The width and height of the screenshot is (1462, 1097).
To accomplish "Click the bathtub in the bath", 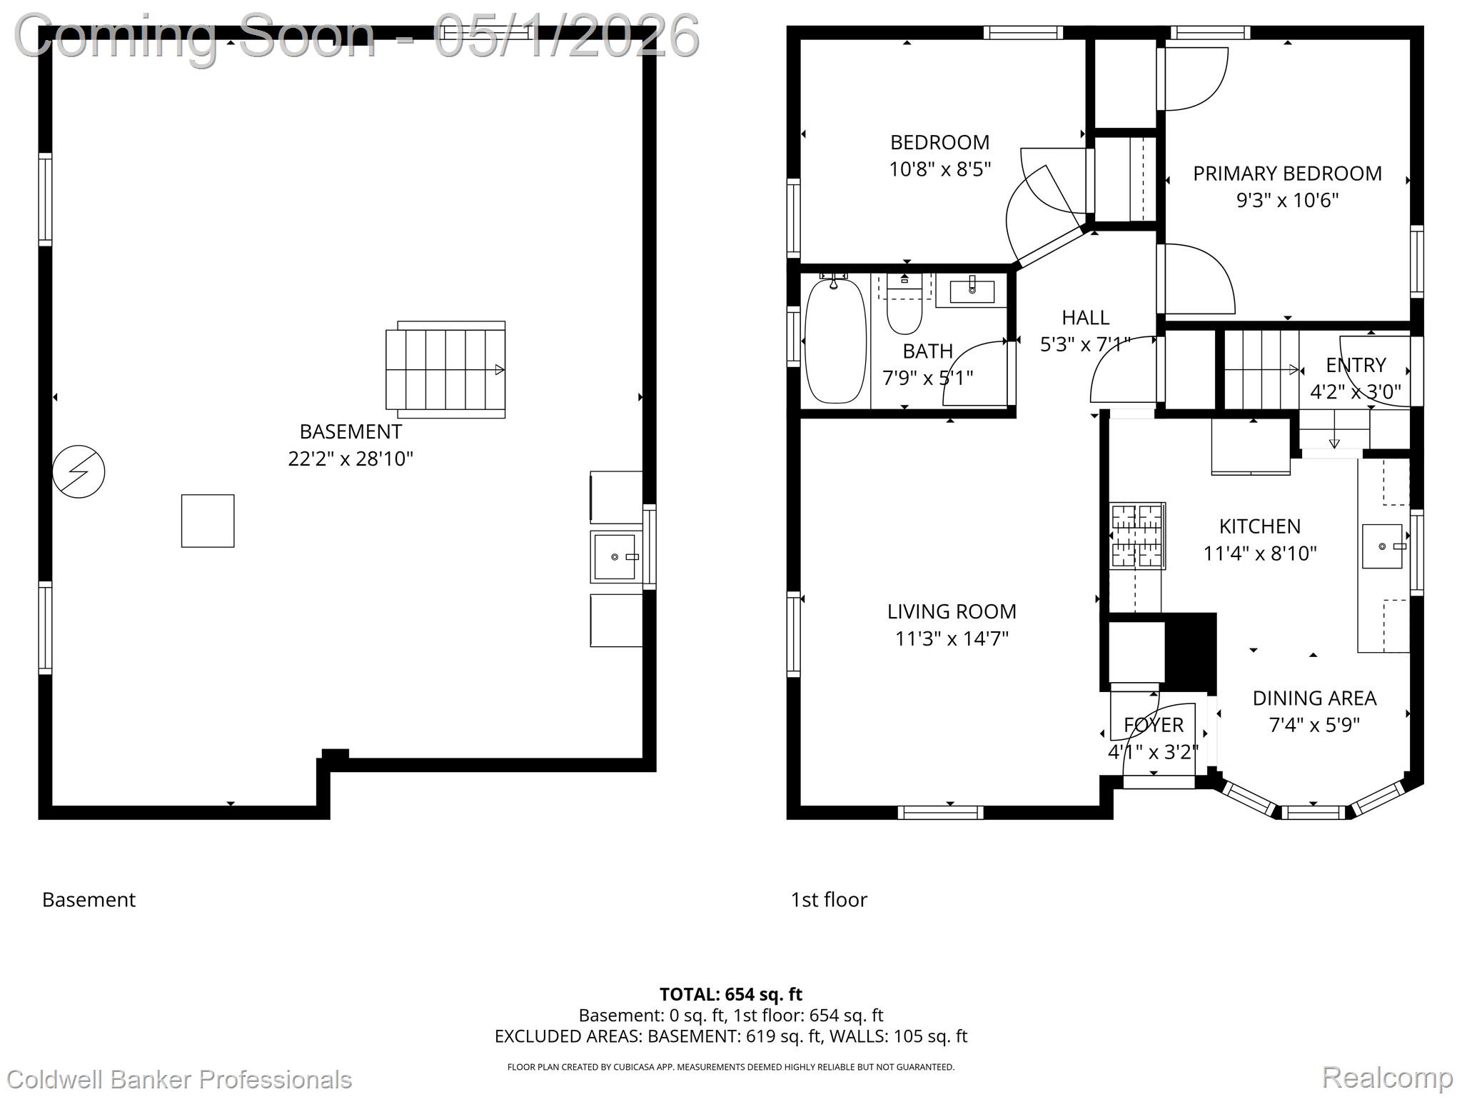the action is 835,340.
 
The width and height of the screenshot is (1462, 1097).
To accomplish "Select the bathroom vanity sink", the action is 972,291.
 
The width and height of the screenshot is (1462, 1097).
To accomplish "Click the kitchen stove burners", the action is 1137,536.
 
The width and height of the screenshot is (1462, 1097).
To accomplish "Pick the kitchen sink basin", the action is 1383,546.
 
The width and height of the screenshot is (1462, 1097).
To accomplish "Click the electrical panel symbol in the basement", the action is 79,471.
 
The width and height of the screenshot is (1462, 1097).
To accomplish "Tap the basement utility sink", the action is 615,556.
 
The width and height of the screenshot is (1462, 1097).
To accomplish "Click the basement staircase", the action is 446,370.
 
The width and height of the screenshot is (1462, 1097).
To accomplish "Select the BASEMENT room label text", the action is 351,431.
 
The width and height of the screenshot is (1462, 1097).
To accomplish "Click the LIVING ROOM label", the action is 952,611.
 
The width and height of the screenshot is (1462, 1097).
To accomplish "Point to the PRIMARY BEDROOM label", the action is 1287,174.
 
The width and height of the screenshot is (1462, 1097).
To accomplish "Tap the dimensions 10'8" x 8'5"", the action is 939,169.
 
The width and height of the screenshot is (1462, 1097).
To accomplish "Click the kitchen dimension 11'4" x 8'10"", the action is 1260,553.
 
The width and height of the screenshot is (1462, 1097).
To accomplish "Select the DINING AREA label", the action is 1314,698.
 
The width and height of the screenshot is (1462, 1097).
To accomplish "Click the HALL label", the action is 1085,317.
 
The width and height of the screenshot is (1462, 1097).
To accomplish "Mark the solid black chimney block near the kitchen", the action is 1191,652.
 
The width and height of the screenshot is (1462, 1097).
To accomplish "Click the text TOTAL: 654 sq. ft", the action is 730,994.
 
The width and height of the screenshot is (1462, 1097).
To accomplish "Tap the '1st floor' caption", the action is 829,899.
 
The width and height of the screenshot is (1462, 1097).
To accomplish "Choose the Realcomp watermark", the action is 1387,1077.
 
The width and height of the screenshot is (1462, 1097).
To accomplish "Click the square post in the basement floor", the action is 208,521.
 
